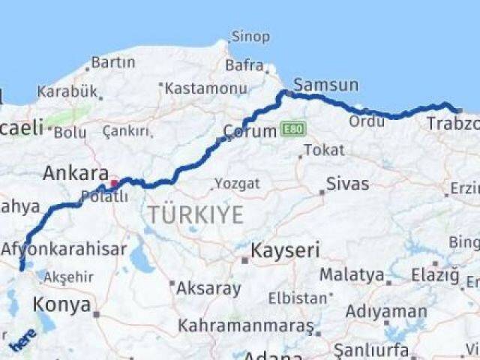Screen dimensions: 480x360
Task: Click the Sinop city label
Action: click(x=250, y=36)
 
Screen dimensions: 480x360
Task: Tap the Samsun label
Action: click(x=325, y=85)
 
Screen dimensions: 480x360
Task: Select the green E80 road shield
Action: click(x=293, y=130)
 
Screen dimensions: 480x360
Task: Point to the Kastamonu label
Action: click(x=205, y=88)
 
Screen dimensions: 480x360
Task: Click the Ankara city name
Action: click(x=76, y=173)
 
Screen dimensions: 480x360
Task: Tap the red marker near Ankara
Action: click(x=114, y=183)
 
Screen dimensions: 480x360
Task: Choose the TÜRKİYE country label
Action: click(x=195, y=214)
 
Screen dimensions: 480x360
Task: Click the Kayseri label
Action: click(x=284, y=250)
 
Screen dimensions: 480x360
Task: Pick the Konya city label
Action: click(x=62, y=304)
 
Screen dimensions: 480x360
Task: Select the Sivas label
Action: click(x=347, y=184)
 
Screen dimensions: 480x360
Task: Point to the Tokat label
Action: click(x=324, y=150)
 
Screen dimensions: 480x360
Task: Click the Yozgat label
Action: click(x=237, y=184)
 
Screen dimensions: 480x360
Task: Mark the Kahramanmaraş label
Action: click(x=245, y=325)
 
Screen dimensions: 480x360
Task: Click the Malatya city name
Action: click(x=352, y=274)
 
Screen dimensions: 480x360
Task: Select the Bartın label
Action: click(x=112, y=62)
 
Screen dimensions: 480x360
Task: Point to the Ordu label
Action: click(x=367, y=121)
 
